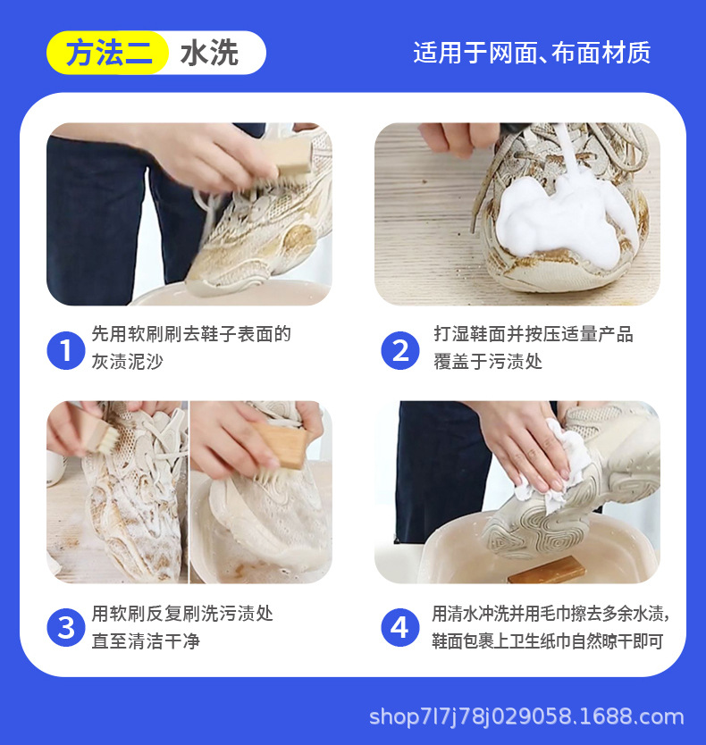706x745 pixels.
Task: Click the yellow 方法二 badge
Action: point(108,53)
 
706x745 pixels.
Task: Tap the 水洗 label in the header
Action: point(209,53)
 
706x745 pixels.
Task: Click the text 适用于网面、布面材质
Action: point(532,53)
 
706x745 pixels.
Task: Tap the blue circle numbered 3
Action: point(66,628)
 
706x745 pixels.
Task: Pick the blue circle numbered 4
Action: point(400,628)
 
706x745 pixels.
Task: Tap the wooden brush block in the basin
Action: point(545,570)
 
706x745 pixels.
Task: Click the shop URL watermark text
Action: point(526,716)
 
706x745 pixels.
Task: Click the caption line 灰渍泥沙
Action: point(128,362)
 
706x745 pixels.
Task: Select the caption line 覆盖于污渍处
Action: point(488,362)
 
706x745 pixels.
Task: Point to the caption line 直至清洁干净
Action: point(146,641)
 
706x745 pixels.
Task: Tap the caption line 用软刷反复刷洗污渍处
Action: point(182,614)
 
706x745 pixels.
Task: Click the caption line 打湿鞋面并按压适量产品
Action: point(534,334)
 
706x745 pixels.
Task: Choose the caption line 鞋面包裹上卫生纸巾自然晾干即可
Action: point(548,641)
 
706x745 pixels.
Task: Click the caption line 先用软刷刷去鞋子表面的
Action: point(191,334)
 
